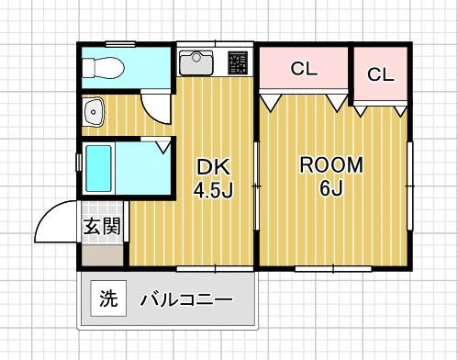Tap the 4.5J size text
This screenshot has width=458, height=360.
point(210,191)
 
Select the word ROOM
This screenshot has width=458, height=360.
point(332,166)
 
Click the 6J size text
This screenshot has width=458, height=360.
point(331,190)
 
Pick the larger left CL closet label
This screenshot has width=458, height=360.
point(303,68)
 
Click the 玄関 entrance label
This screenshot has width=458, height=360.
point(102,226)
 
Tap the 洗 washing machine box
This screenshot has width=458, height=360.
point(108,298)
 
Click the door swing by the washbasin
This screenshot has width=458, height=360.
point(156,105)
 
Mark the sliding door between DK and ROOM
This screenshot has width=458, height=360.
point(257,184)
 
